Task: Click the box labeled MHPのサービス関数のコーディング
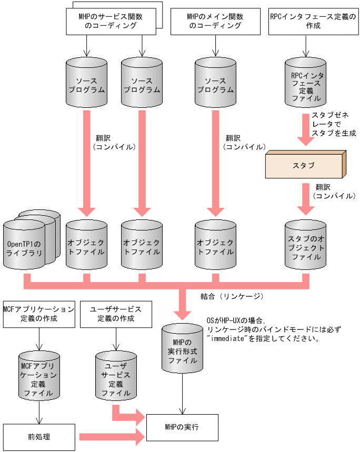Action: coord(112,21)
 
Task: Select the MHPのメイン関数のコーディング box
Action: coord(215,21)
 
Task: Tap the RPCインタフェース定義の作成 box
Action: coord(309,21)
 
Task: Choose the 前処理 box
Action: coord(38,437)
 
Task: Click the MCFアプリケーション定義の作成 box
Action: coord(38,314)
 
